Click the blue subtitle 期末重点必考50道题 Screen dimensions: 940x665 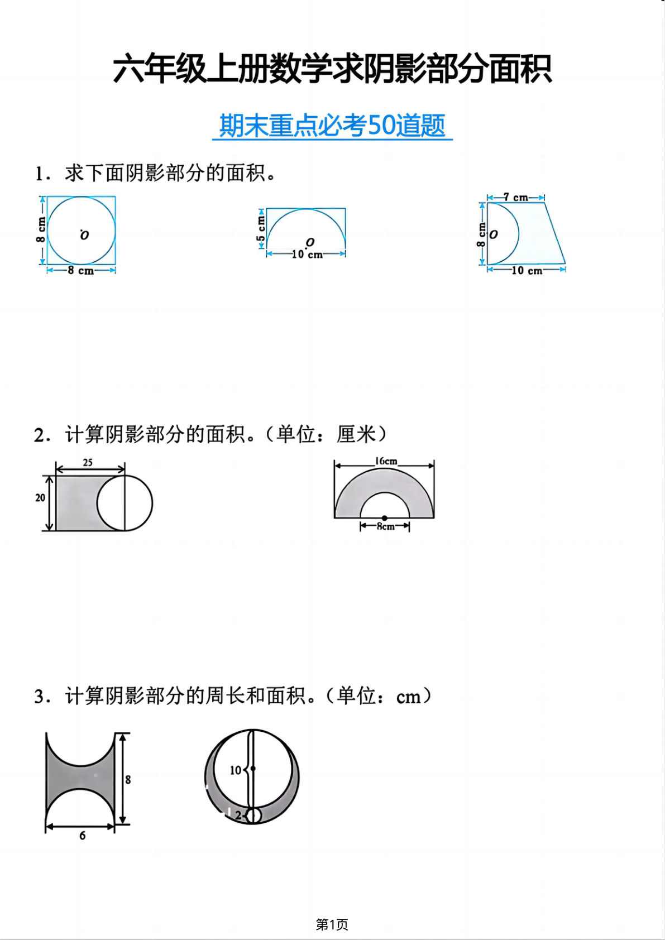coord(332,126)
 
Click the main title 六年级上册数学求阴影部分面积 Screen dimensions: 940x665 coord(332,69)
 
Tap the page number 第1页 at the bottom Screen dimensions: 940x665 coord(332,924)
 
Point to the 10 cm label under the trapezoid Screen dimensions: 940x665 coord(527,271)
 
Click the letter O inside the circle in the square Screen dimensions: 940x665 coord(84,235)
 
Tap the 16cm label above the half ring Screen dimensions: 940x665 coord(386,461)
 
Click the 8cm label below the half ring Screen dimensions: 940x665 coord(385,526)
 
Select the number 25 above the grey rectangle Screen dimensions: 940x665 coord(88,462)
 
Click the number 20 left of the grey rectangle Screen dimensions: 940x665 coord(40,497)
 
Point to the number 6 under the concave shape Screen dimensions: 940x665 coord(82,836)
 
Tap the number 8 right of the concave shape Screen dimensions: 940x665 coord(128,780)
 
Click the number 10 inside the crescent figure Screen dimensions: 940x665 coord(236,770)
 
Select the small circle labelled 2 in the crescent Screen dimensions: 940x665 coord(253,816)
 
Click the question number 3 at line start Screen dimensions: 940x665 coord(39,697)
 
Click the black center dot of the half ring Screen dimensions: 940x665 coord(384,518)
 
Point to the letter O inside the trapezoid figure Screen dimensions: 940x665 coord(494,235)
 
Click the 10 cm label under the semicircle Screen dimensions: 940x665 coord(307,255)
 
